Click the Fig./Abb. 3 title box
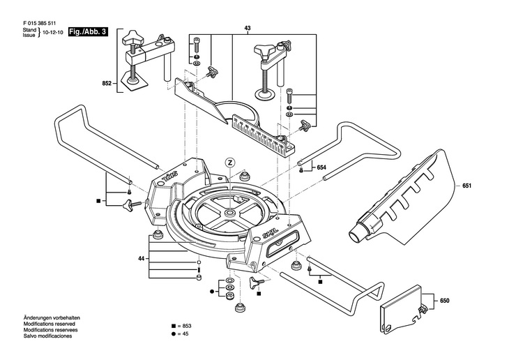(88, 32)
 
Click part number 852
(107, 83)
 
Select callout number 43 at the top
(248, 29)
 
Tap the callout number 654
(321, 167)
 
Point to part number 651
(466, 186)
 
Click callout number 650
(445, 301)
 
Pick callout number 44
(141, 259)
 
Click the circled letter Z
(230, 162)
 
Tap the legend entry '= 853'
(181, 326)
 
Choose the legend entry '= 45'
(180, 333)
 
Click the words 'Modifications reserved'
(49, 324)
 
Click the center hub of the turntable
(230, 213)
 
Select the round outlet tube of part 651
(357, 232)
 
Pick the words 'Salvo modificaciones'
(47, 336)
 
